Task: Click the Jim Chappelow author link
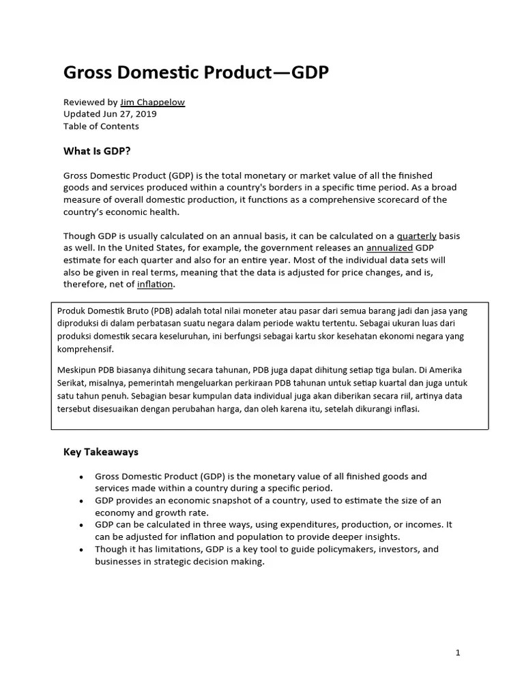click(152, 102)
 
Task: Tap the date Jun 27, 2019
click(132, 114)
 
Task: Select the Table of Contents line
click(101, 126)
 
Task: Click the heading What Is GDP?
click(97, 151)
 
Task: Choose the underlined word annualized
click(389, 248)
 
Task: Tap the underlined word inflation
click(156, 284)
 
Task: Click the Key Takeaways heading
click(101, 452)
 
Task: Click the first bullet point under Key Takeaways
click(81, 476)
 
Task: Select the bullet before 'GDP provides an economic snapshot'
click(81, 501)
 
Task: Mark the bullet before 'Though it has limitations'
click(81, 550)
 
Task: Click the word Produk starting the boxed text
click(72, 311)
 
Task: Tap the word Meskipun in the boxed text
click(78, 370)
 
